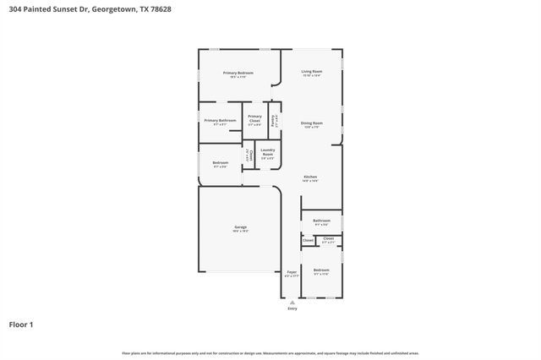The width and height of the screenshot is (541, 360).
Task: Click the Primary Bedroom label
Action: pyautogui.click(x=238, y=74)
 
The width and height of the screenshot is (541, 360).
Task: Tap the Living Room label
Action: pyautogui.click(x=312, y=72)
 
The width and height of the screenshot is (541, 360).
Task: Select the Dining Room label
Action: pyautogui.click(x=312, y=123)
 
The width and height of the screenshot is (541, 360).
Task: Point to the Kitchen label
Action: pyautogui.click(x=310, y=177)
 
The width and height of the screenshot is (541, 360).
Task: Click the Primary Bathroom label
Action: pyautogui.click(x=220, y=121)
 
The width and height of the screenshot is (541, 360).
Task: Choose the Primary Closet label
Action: pyautogui.click(x=254, y=118)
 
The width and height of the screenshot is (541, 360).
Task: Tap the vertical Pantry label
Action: pyautogui.click(x=273, y=121)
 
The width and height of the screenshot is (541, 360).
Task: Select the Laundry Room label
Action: pyautogui.click(x=267, y=153)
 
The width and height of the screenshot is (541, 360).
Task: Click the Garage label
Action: pyautogui.click(x=240, y=227)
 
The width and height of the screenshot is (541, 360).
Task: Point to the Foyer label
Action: pyautogui.click(x=292, y=272)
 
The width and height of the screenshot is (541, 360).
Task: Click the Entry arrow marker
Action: pyautogui.click(x=292, y=301)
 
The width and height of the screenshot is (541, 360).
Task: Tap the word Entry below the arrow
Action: pyautogui.click(x=292, y=308)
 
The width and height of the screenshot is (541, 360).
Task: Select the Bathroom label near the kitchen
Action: pyautogui.click(x=321, y=221)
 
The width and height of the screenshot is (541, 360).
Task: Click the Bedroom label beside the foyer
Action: pyautogui.click(x=321, y=270)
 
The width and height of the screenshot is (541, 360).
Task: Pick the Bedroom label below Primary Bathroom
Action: pyautogui.click(x=220, y=162)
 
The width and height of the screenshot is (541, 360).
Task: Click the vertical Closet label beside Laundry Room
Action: pyautogui.click(x=249, y=155)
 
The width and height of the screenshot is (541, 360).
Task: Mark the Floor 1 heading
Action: pyautogui.click(x=22, y=324)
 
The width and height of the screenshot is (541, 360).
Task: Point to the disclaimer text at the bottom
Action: pyautogui.click(x=270, y=353)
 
